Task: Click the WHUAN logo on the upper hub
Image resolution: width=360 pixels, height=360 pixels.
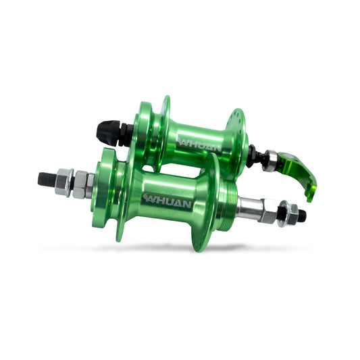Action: (200, 144)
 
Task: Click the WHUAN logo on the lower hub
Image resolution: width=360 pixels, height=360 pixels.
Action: (167, 201)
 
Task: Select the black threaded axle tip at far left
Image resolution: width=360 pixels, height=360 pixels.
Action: (47, 179)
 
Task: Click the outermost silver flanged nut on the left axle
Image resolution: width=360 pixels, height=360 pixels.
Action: (65, 182)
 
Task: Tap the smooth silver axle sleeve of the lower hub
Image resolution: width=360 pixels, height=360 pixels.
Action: (250, 207)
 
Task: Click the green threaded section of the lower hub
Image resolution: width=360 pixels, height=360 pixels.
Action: (226, 205)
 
